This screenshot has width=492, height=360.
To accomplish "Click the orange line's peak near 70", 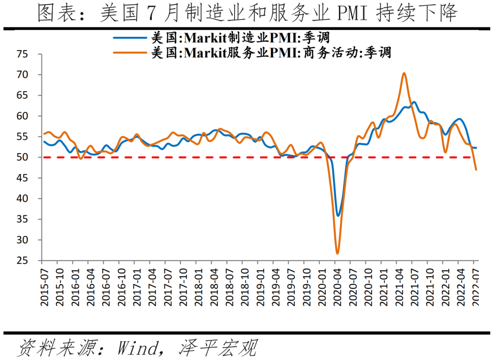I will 404,73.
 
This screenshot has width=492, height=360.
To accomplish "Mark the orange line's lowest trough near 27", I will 338,253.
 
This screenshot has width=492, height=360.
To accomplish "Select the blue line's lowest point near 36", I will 338,216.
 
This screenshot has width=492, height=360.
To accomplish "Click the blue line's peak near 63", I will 414,102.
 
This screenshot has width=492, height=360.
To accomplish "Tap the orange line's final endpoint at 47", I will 476,170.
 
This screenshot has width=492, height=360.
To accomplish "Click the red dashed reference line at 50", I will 182,157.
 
